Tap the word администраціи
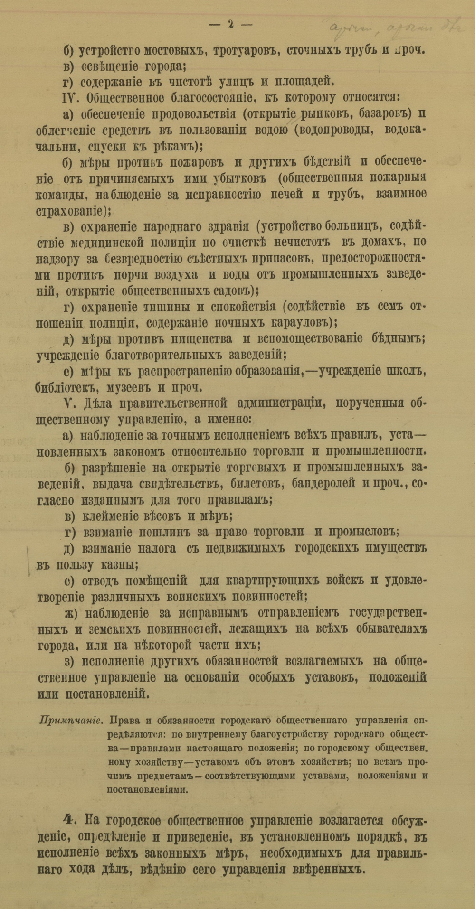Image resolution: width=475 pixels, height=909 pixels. coord(277,403)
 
